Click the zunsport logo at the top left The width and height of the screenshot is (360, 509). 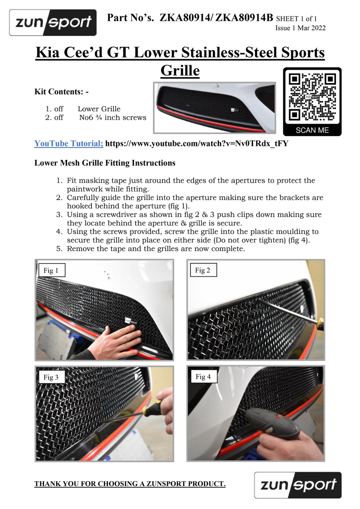point(53,23)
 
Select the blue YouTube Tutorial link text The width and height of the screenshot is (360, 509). point(69,144)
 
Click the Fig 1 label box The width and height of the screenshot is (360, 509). point(52,270)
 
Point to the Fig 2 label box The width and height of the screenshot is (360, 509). point(203,270)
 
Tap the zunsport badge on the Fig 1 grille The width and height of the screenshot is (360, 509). point(131,321)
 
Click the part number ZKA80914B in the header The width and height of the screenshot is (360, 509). point(244,18)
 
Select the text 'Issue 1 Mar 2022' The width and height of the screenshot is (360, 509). point(300,28)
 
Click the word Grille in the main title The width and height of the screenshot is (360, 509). point(180,70)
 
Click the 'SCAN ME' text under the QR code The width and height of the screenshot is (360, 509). point(312,130)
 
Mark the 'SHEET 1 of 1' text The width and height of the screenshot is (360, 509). point(296,19)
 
